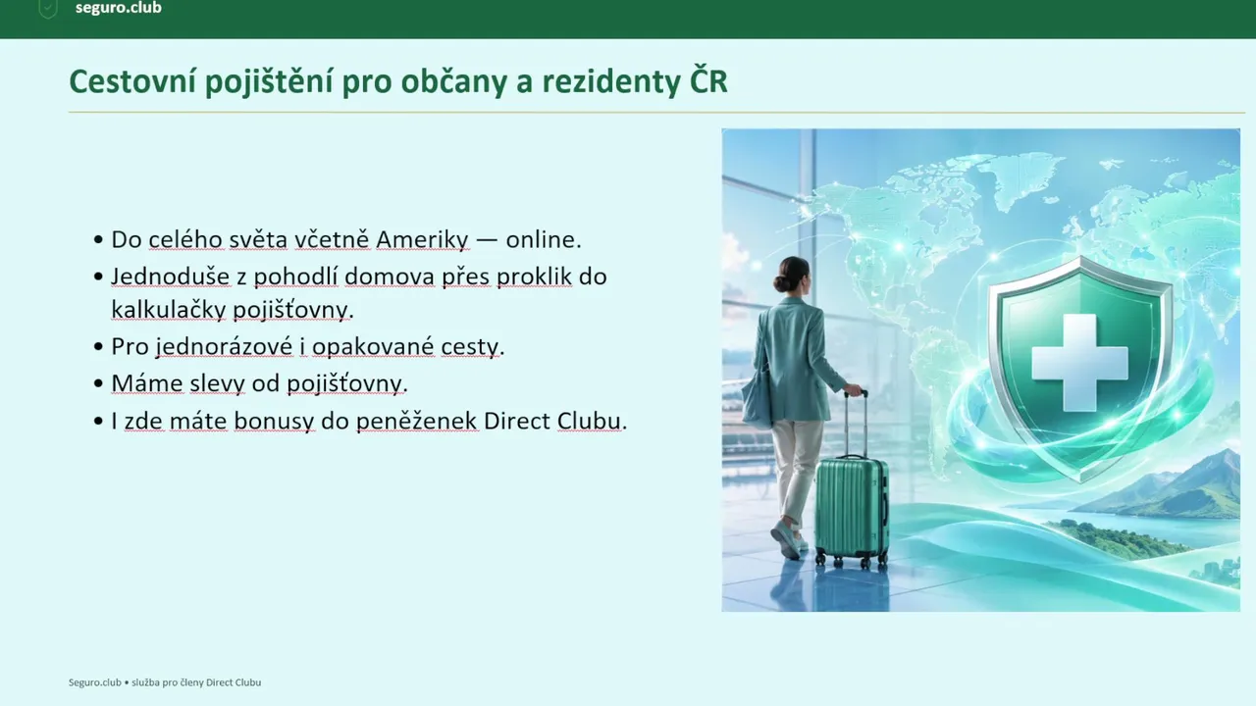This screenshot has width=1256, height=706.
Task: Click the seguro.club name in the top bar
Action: coord(119,8)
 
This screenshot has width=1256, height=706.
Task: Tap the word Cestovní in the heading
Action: coord(132,81)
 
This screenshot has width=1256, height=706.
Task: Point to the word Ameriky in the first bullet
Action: coord(422,240)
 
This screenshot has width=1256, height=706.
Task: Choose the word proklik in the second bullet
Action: coord(534,277)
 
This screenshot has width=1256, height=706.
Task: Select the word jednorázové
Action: coord(225,347)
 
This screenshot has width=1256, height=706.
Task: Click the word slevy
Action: coord(217,383)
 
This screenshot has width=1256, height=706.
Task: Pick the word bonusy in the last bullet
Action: coord(274,422)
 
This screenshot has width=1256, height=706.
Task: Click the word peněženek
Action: coord(417,422)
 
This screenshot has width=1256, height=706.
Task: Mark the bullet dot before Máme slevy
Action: coord(99,383)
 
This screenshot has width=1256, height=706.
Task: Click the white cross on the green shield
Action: coord(1079,363)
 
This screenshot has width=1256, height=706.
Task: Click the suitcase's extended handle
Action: coord(857,425)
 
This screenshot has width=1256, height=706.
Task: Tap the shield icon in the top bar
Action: coord(48,9)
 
